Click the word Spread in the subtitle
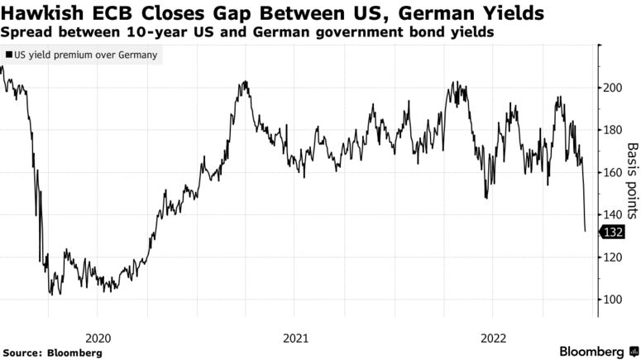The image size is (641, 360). point(24,33)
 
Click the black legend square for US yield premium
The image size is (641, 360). point(9,55)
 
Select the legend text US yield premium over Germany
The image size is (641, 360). point(86,55)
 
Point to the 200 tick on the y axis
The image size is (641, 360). point(613,88)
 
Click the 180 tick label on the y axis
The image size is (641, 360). point(613,130)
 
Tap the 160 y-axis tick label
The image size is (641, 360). point(613,172)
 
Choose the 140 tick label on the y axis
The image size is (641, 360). point(613,214)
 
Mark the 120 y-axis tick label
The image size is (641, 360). point(613,257)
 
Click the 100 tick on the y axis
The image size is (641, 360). point(613,300)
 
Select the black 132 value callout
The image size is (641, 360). point(613,233)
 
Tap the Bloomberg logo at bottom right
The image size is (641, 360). point(591,352)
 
